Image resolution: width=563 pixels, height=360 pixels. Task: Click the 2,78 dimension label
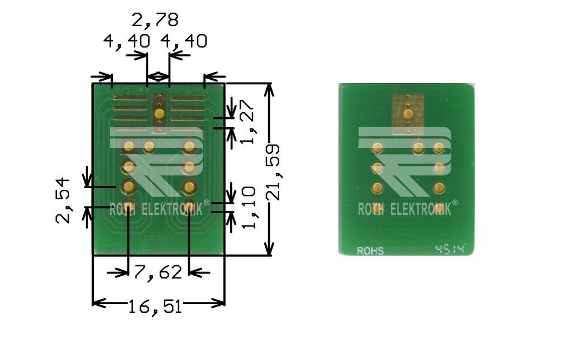coord(155,21)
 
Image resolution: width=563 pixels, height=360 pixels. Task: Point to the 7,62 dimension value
coord(158,272)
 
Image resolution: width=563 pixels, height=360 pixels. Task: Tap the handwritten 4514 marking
coord(450,249)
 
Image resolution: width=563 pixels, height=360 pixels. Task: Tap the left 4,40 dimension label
coord(126,41)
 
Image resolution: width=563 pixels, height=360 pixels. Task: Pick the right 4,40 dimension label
coord(184,41)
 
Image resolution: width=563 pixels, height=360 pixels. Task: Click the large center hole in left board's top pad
coord(159,114)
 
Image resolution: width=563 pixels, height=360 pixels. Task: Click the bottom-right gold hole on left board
coord(189,208)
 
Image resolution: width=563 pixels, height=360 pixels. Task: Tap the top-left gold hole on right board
coord(378,148)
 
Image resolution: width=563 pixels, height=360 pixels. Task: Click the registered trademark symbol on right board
coord(455,204)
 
